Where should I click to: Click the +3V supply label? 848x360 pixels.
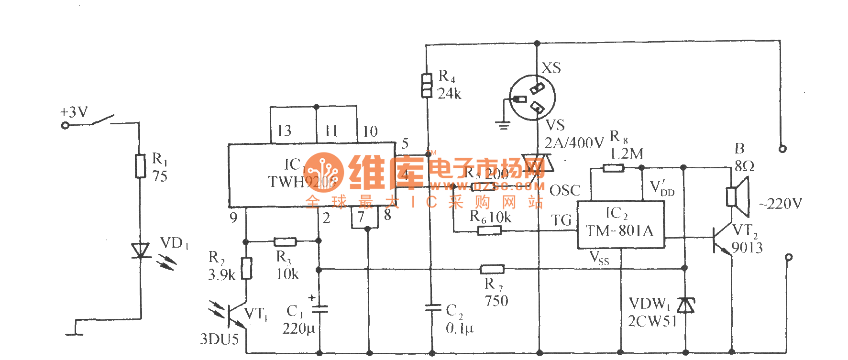[x=74, y=112]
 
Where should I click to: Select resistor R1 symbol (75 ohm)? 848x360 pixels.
[x=140, y=166]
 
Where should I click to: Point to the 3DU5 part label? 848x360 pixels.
[x=219, y=339]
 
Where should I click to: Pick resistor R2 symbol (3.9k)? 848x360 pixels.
[x=246, y=268]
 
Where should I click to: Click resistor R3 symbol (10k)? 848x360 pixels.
[x=285, y=242]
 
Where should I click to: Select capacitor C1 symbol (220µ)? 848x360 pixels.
[x=319, y=309]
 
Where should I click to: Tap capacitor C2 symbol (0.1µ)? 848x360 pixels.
[x=432, y=308]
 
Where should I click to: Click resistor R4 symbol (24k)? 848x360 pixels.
[x=427, y=85]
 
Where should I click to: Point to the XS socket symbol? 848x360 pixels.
[x=532, y=98]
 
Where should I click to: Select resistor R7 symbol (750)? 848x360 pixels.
[x=492, y=269]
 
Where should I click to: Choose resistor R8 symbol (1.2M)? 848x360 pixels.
[x=613, y=168]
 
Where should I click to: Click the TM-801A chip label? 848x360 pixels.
[x=620, y=231]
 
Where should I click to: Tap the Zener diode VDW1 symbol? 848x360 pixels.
[x=686, y=305]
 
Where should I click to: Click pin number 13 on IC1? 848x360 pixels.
[x=284, y=131]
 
